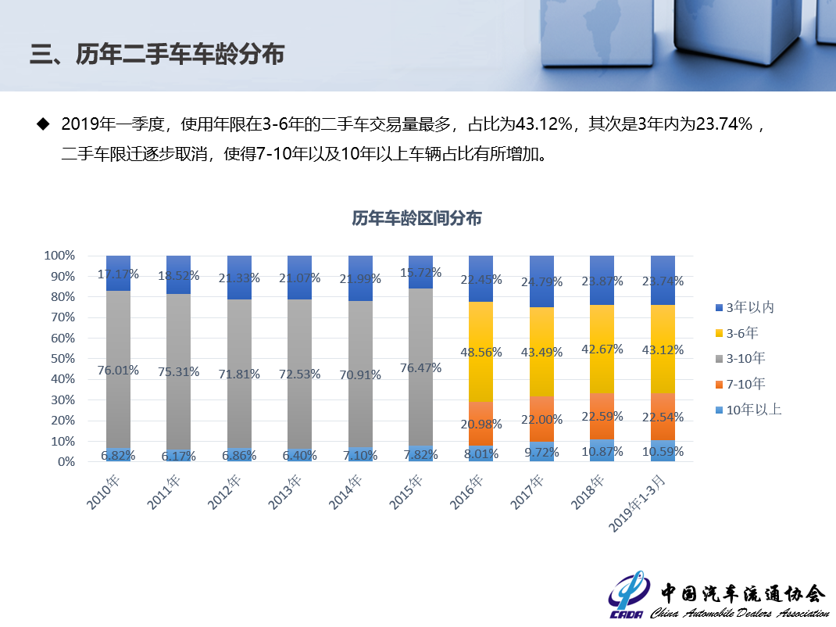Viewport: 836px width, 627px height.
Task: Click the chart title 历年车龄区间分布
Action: (x=416, y=218)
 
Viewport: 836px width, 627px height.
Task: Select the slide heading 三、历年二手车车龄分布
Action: (x=156, y=54)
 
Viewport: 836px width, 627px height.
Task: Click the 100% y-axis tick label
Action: (x=59, y=256)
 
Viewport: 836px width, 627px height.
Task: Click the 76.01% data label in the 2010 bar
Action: (x=118, y=371)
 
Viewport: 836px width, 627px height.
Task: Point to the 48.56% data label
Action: (x=481, y=353)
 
